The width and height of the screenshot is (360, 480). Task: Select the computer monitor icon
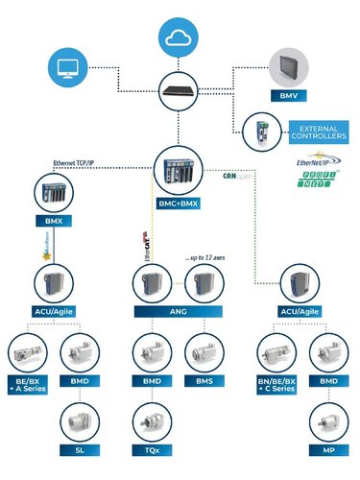[x=65, y=68]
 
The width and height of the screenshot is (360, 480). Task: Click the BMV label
[x=288, y=97]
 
